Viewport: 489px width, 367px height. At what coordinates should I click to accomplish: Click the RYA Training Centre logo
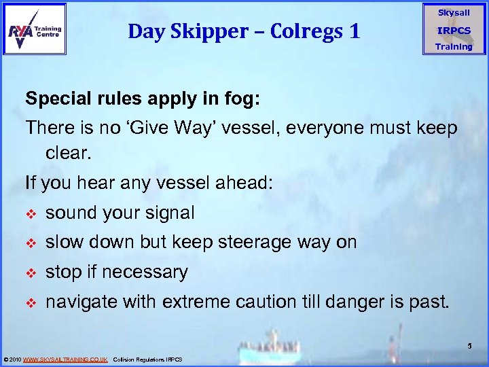pyautogui.click(x=35, y=29)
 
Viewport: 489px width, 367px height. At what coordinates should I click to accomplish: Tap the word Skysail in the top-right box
pyautogui.click(x=453, y=13)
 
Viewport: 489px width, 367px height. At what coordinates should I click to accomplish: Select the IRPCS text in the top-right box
pyautogui.click(x=453, y=31)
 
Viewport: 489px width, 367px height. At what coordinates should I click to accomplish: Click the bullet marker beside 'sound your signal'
pyautogui.click(x=30, y=214)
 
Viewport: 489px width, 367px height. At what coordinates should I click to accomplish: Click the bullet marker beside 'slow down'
pyautogui.click(x=30, y=243)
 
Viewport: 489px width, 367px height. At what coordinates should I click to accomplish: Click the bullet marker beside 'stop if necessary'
pyautogui.click(x=30, y=273)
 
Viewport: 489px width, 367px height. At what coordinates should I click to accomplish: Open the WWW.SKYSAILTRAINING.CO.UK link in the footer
pyautogui.click(x=65, y=359)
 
